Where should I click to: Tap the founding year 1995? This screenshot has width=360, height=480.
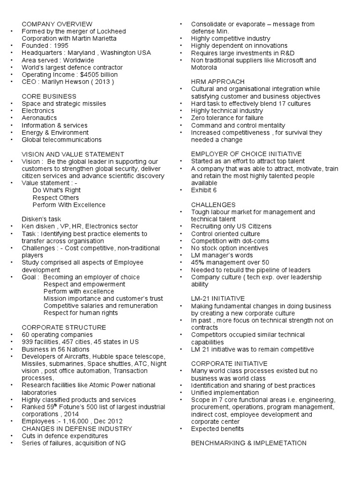pos(60,46)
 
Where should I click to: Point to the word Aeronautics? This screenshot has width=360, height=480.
pos(39,118)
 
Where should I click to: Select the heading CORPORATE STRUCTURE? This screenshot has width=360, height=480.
pos(64,327)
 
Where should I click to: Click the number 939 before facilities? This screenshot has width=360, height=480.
pos(27,342)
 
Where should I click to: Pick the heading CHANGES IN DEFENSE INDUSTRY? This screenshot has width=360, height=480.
pos(77,428)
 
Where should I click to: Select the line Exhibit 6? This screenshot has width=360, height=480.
pos(204,190)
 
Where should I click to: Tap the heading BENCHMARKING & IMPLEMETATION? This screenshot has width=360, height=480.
pos(249,443)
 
